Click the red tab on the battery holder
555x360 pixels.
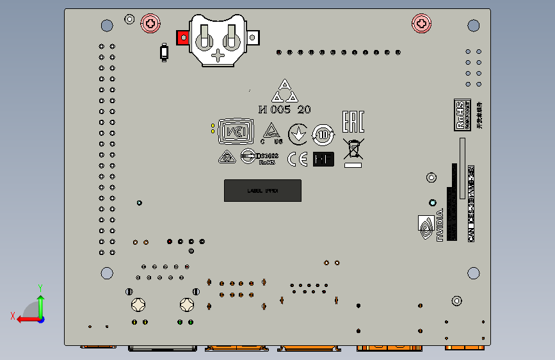(182, 38)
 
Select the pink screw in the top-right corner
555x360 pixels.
(421, 24)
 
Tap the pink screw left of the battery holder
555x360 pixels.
(150, 24)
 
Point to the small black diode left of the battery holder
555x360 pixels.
(165, 52)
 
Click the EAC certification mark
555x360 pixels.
(353, 121)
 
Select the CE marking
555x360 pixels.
(296, 160)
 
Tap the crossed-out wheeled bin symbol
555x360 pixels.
(353, 149)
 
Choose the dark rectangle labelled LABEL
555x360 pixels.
(262, 191)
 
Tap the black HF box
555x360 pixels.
(323, 159)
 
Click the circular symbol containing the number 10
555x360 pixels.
(323, 135)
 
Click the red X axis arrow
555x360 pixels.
(24, 318)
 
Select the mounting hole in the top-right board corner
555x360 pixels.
(474, 26)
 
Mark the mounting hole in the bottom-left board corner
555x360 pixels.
(107, 273)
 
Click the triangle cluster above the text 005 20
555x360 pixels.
(284, 92)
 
